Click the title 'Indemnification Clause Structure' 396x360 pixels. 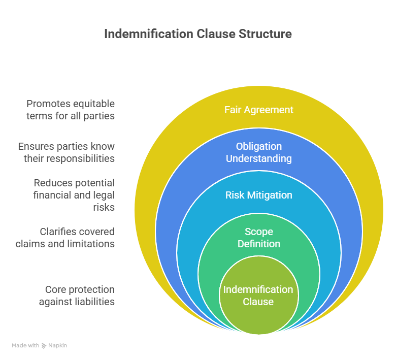click(198, 34)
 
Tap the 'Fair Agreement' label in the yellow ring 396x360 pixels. click(259, 110)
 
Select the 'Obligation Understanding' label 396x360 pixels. click(259, 152)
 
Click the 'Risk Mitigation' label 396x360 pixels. click(259, 195)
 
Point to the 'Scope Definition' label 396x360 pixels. click(259, 238)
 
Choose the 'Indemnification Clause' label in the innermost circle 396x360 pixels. click(258, 296)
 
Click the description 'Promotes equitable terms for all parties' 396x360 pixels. click(71, 110)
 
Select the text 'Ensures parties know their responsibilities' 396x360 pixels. click(67, 152)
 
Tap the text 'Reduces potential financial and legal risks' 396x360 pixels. click(74, 195)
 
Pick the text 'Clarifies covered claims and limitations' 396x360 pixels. click(65, 238)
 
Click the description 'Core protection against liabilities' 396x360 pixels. click(77, 296)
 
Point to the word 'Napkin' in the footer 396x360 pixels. click(58, 345)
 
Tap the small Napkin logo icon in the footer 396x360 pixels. click(44, 345)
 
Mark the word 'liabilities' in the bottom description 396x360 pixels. click(93, 302)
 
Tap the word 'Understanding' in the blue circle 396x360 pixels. click(259, 158)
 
